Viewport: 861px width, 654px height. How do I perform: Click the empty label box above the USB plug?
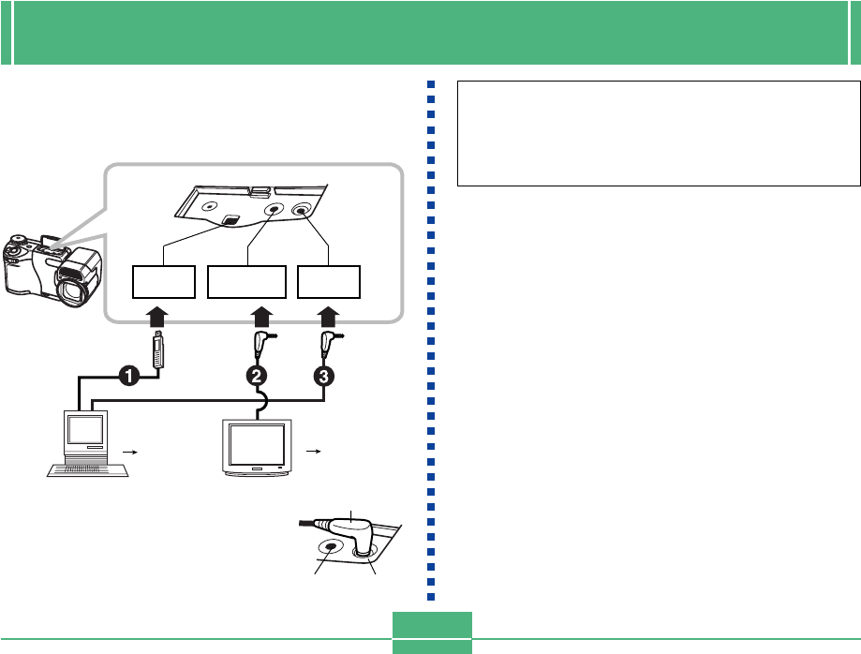[163, 281]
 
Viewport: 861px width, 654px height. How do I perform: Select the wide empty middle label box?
[246, 281]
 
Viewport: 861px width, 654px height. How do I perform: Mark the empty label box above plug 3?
[329, 281]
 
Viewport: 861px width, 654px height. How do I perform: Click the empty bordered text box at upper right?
[659, 133]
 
